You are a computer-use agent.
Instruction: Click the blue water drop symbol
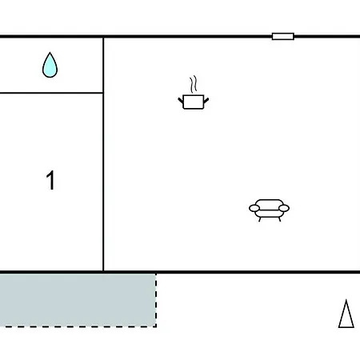(50, 66)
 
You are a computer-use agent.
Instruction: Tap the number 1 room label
(50, 180)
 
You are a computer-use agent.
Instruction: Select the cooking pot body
(194, 102)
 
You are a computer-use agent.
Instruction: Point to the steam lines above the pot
(194, 84)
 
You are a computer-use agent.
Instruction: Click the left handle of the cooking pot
(181, 101)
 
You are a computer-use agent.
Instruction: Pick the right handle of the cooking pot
(206, 101)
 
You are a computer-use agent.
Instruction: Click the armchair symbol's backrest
(269, 202)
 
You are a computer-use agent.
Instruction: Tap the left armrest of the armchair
(254, 208)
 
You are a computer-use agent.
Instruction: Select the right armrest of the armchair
(284, 208)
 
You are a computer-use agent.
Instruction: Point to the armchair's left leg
(260, 219)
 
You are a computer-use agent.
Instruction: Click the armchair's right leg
(279, 219)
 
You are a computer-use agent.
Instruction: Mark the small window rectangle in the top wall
(283, 36)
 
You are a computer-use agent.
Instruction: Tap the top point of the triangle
(346, 300)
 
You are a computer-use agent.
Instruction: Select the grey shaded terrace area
(78, 300)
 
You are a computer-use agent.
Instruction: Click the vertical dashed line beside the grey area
(156, 300)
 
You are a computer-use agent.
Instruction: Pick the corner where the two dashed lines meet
(156, 326)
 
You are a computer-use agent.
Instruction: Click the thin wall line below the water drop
(51, 93)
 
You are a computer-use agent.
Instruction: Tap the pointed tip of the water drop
(50, 53)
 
